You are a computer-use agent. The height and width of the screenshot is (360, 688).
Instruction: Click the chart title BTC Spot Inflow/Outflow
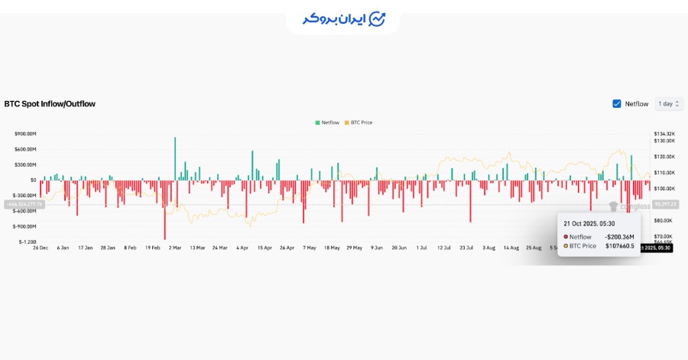(50, 103)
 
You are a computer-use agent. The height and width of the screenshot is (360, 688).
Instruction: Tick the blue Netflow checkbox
(617, 104)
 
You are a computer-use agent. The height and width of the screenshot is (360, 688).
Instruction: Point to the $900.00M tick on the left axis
(25, 134)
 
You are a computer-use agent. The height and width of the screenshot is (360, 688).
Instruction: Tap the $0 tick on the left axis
(33, 180)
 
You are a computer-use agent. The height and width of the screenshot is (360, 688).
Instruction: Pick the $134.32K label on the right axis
(664, 134)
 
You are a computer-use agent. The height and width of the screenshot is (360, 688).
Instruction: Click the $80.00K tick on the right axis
(663, 220)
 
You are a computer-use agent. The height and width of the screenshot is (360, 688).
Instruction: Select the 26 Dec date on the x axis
(41, 248)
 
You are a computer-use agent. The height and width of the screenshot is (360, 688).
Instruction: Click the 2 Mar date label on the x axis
(175, 248)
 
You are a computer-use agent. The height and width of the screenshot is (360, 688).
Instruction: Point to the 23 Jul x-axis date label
(467, 248)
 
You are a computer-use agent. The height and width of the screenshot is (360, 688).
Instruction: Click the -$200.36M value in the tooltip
(620, 237)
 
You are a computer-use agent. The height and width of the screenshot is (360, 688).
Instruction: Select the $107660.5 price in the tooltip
(620, 246)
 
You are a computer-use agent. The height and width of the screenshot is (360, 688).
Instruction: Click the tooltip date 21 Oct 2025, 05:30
(588, 224)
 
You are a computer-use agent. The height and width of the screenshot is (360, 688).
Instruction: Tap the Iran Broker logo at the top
(343, 18)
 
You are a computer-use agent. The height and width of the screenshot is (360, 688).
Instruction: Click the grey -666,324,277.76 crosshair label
(24, 204)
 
